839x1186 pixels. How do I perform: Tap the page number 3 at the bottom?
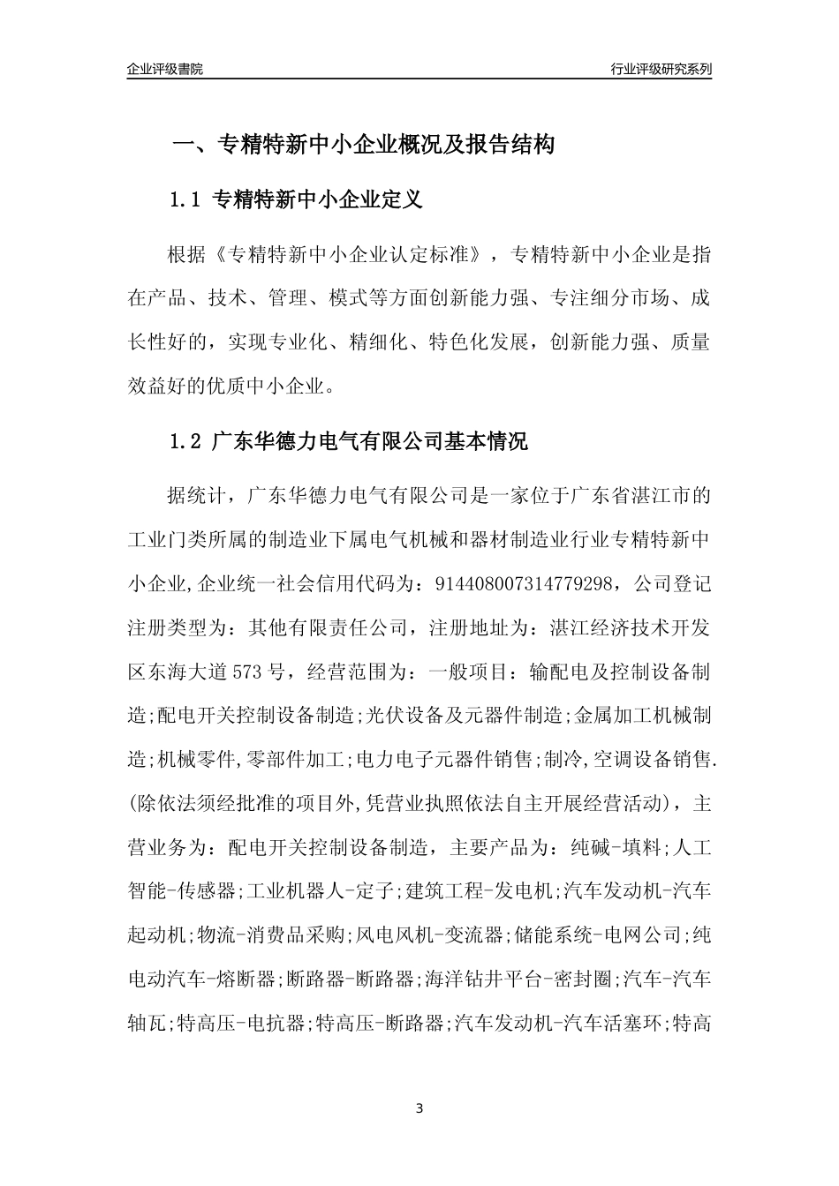[x=419, y=1108]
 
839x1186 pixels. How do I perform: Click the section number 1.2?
[x=186, y=442]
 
